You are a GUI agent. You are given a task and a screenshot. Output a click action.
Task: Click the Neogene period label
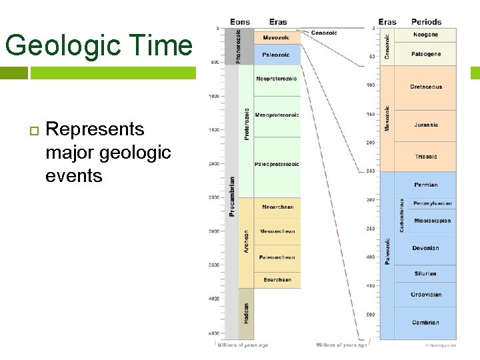click(x=425, y=35)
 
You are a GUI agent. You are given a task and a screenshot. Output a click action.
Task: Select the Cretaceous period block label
click(x=426, y=87)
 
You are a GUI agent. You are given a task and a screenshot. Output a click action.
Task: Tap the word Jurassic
click(x=426, y=125)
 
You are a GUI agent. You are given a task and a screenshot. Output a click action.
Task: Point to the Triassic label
click(x=426, y=157)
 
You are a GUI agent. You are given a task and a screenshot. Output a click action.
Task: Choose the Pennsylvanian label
click(x=432, y=203)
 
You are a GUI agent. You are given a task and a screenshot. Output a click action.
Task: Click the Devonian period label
click(x=425, y=249)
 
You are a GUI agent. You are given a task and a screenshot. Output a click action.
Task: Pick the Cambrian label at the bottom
click(x=425, y=323)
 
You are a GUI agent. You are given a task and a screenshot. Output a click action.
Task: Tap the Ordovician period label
click(x=426, y=295)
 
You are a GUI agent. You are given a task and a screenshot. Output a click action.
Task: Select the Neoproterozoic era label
click(x=277, y=79)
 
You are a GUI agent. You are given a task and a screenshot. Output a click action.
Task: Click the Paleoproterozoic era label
click(x=277, y=164)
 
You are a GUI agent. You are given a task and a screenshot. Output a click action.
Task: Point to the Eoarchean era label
click(x=277, y=280)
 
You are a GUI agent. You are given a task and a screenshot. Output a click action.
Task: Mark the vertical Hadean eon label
click(x=246, y=313)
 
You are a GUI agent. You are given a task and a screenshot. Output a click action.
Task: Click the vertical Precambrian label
click(x=231, y=197)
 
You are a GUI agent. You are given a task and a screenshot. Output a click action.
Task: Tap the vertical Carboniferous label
click(x=401, y=215)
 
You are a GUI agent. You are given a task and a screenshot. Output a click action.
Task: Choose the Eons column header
click(x=239, y=22)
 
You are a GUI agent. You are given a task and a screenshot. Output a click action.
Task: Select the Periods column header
click(x=426, y=22)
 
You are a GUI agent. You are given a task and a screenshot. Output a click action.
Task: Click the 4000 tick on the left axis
click(x=214, y=299)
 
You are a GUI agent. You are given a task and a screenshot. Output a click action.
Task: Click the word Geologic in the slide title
click(x=66, y=45)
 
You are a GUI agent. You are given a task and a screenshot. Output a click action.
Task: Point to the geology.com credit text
click(x=441, y=345)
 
